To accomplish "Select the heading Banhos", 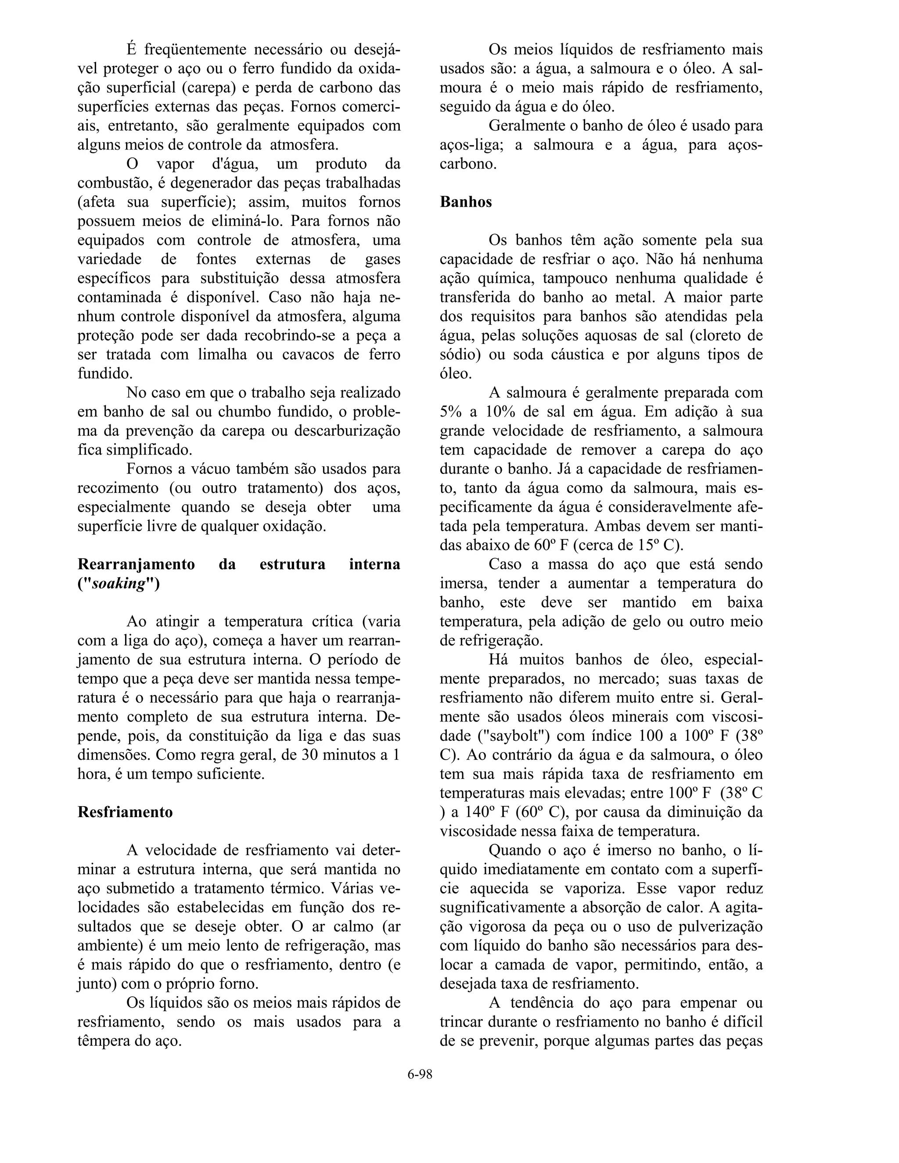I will [x=465, y=202].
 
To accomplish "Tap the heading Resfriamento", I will [x=125, y=812].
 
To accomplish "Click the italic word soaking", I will [x=119, y=584].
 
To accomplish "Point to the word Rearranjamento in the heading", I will [x=137, y=564].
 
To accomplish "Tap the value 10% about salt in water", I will [x=500, y=412].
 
